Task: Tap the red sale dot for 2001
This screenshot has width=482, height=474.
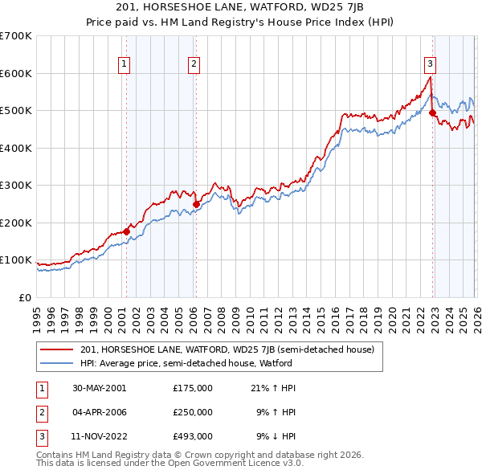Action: pos(126,232)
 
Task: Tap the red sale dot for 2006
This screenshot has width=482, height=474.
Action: pos(195,204)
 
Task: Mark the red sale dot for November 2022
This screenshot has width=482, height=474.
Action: pos(431,113)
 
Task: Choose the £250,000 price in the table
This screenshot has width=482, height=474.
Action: pos(193,413)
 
